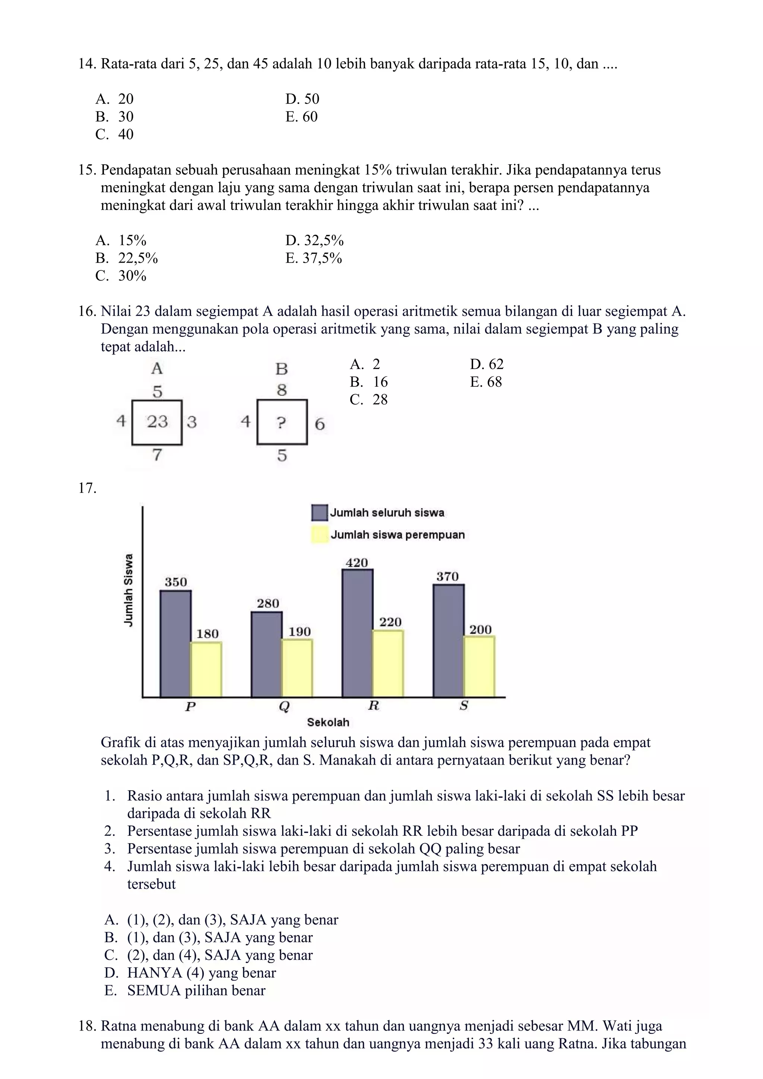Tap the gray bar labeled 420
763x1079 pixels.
pos(358,633)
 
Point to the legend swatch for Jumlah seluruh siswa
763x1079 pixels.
pos(320,513)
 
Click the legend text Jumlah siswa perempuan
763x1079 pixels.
pos(398,535)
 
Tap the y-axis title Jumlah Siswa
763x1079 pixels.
pos(128,590)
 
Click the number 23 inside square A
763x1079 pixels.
pos(157,421)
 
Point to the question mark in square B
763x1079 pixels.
pos(281,423)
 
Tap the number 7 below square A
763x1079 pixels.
pos(157,455)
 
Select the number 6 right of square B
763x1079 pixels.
pos(320,424)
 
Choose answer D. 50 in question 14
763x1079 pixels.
pos(302,99)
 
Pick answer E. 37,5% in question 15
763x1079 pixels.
pos(313,258)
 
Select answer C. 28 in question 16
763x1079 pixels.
pos(369,399)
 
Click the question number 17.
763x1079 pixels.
pos(88,488)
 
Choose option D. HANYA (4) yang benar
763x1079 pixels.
pos(190,972)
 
